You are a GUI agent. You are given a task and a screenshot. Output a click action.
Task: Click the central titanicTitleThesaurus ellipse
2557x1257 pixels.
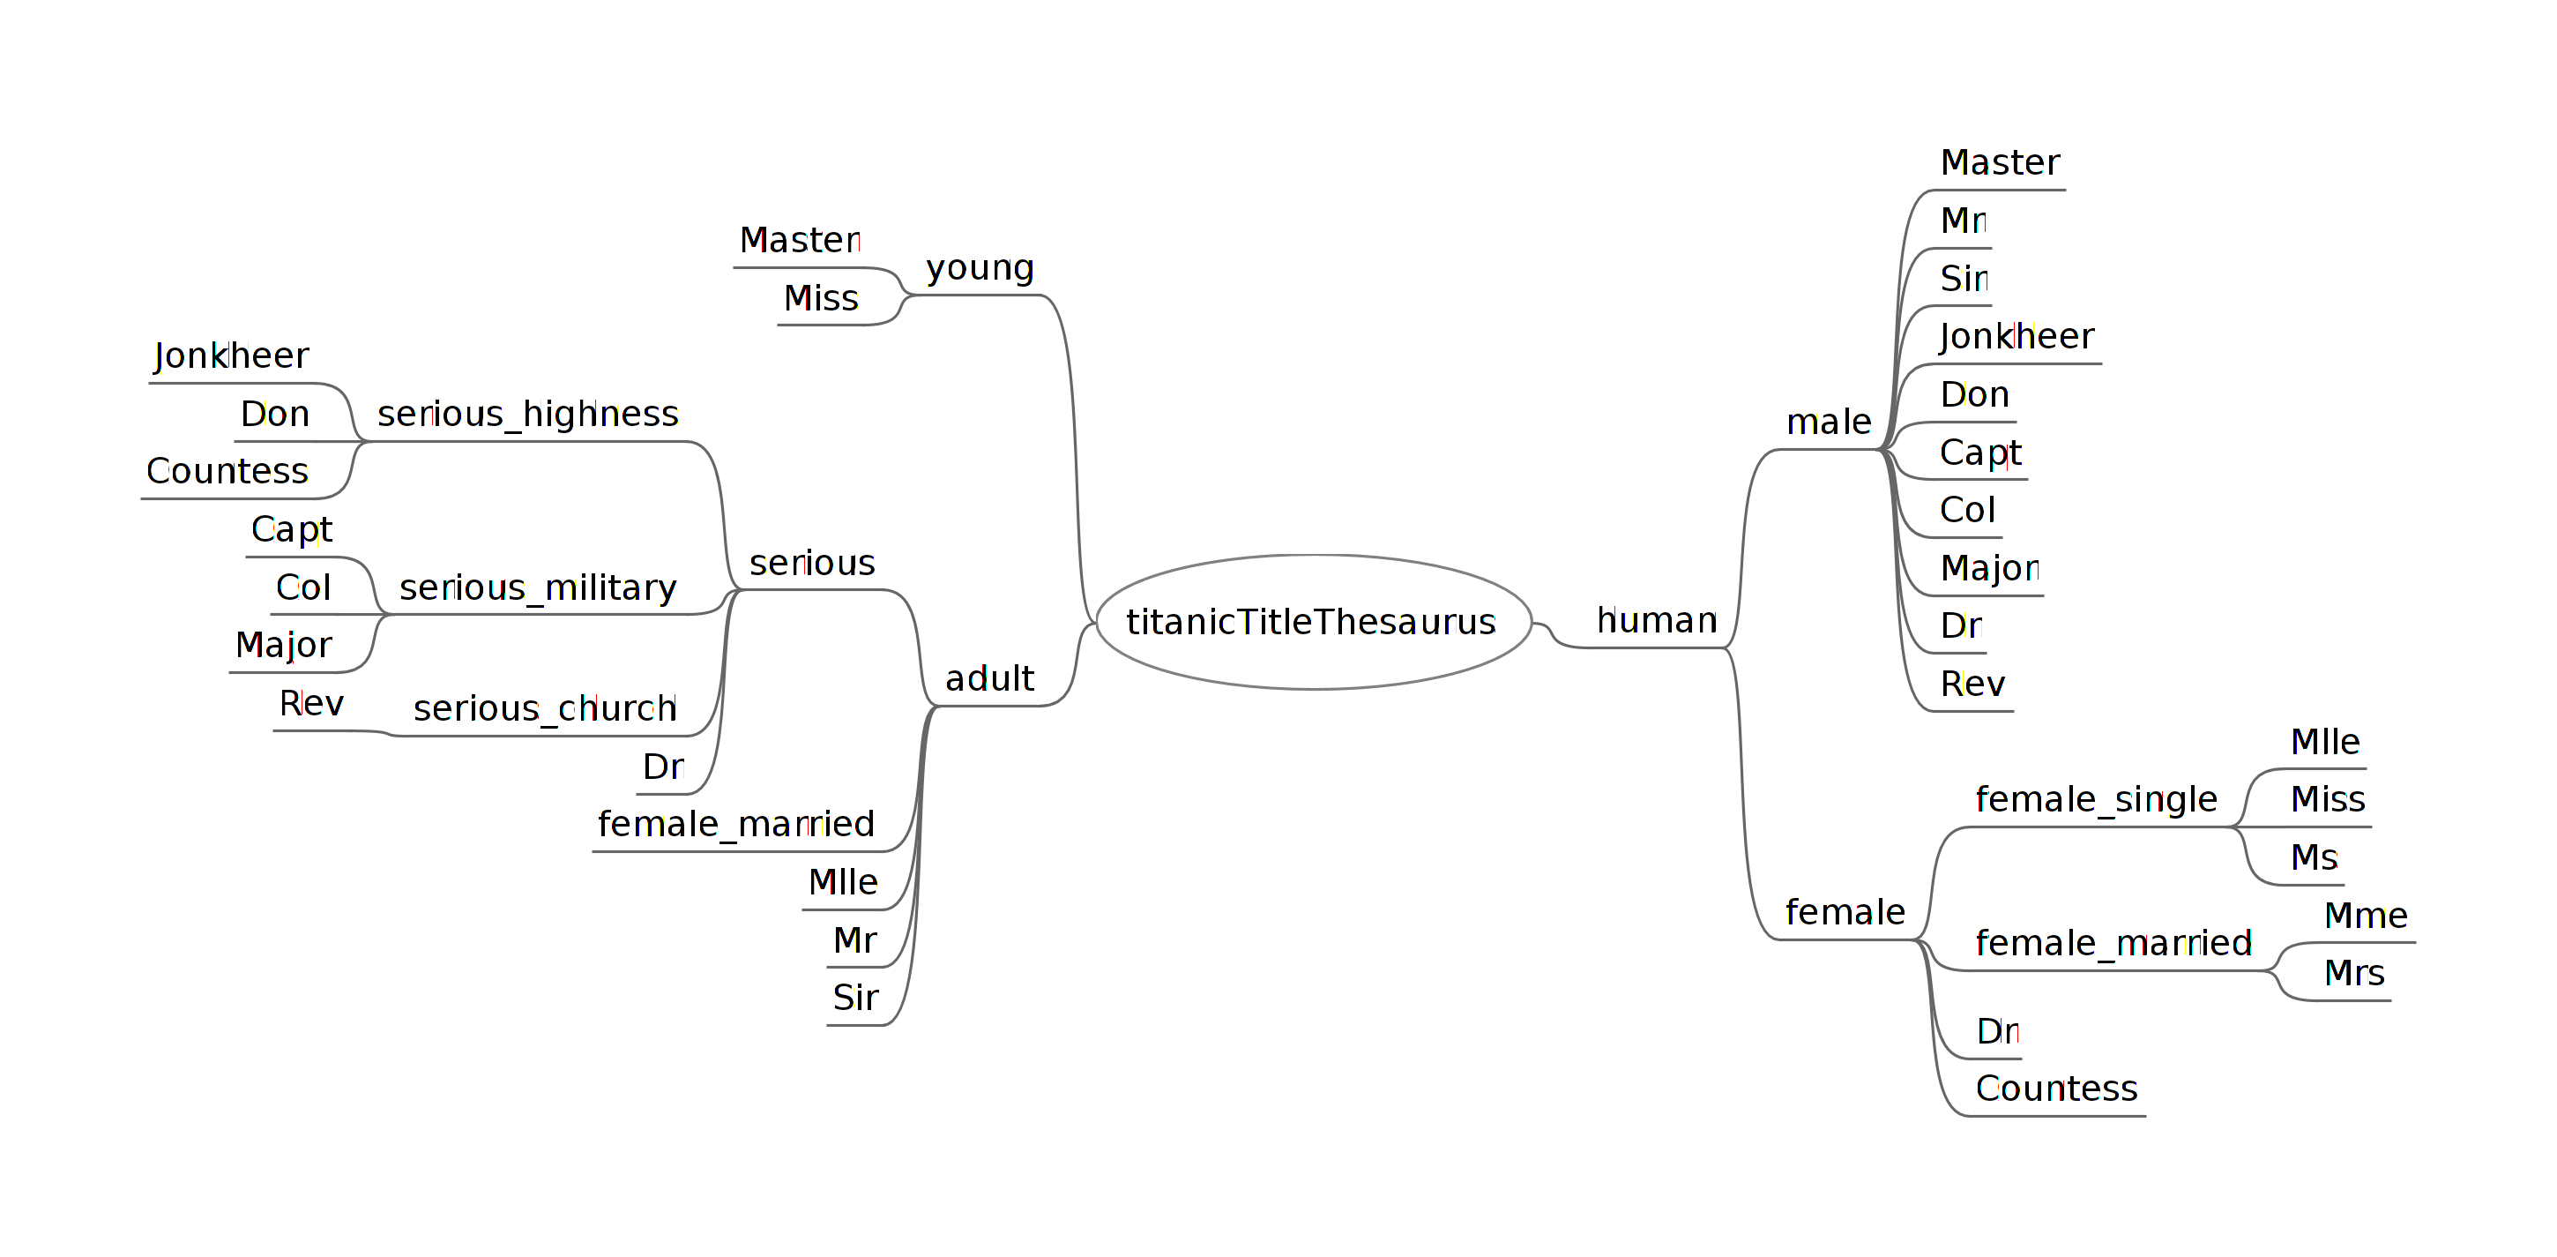click(1312, 623)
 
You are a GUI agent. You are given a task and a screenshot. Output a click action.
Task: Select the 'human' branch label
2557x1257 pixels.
click(1656, 620)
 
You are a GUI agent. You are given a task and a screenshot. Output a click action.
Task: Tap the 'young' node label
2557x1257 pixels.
click(980, 268)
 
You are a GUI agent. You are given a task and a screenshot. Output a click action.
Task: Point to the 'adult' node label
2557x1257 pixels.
click(988, 679)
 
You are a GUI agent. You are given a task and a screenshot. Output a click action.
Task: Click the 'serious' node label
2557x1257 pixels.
click(812, 564)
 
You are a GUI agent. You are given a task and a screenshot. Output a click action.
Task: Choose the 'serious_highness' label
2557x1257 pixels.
click(527, 414)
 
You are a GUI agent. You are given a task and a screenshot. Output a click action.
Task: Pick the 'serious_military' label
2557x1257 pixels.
click(537, 587)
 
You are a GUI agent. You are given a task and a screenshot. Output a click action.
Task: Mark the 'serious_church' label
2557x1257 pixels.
click(544, 709)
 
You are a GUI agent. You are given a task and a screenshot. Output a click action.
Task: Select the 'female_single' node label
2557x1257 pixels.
click(2096, 799)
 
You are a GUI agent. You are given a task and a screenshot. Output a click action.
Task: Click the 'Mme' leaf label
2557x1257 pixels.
click(2366, 916)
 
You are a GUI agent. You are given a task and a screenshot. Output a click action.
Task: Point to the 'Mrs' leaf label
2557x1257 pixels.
click(2353, 973)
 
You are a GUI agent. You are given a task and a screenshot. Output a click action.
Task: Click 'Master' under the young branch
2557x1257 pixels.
click(799, 240)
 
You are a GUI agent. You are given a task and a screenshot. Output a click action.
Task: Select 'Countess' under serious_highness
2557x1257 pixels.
click(227, 472)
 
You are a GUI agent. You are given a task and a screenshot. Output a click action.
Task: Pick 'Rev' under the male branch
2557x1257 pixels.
click(1972, 685)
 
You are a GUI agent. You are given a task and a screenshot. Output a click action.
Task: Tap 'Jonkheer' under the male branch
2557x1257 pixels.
click(2016, 337)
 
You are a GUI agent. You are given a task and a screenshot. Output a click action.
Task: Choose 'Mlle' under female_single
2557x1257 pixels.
click(2325, 742)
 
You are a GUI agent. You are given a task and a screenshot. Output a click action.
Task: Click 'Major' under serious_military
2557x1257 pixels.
click(283, 646)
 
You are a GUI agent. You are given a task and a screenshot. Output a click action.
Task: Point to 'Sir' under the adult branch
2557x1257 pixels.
click(854, 998)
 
